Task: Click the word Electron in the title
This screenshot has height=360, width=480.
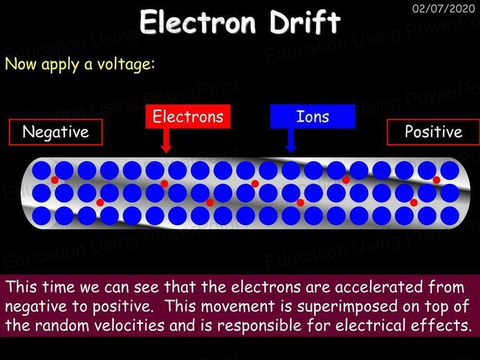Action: [197, 22]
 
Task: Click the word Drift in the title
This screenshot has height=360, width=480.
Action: [304, 21]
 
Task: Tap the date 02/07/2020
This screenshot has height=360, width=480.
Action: [444, 8]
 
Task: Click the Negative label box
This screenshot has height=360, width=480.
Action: [56, 132]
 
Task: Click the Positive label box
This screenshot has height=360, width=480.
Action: [434, 132]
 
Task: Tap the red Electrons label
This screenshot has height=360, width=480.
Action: [188, 117]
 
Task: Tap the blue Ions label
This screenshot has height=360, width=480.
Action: [312, 117]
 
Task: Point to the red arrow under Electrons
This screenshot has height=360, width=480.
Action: [166, 141]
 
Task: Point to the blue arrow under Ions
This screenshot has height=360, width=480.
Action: [291, 141]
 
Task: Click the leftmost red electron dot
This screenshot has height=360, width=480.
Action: [55, 180]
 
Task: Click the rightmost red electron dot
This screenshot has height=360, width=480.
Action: [436, 180]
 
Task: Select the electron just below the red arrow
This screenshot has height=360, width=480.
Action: [164, 184]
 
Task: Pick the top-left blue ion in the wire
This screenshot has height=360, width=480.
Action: [41, 171]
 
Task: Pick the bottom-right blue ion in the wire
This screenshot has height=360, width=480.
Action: [450, 216]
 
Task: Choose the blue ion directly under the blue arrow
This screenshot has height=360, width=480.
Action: [291, 171]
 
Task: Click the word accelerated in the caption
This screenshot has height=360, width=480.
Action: [378, 287]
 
